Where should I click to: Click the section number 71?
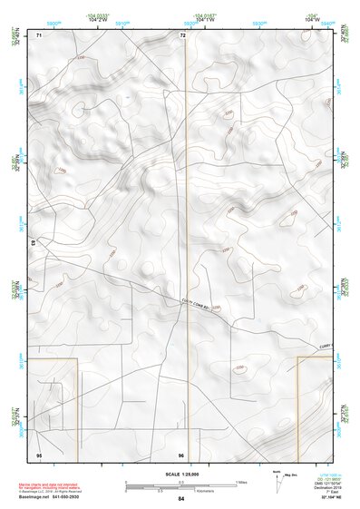(x=39, y=35)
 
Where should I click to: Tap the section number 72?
(x=182, y=35)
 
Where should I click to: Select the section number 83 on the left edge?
(x=33, y=243)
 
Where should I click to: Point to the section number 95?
(x=39, y=454)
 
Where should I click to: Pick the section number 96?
(x=181, y=454)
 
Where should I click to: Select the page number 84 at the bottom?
(x=181, y=499)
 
